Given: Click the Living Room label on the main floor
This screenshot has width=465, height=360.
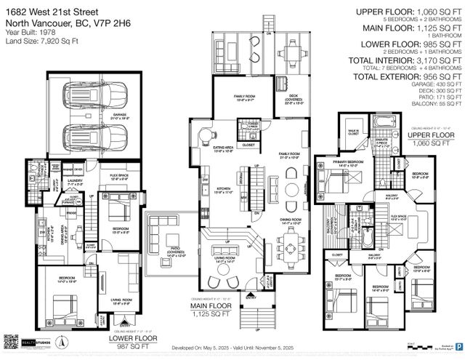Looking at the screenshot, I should (x=224, y=260).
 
